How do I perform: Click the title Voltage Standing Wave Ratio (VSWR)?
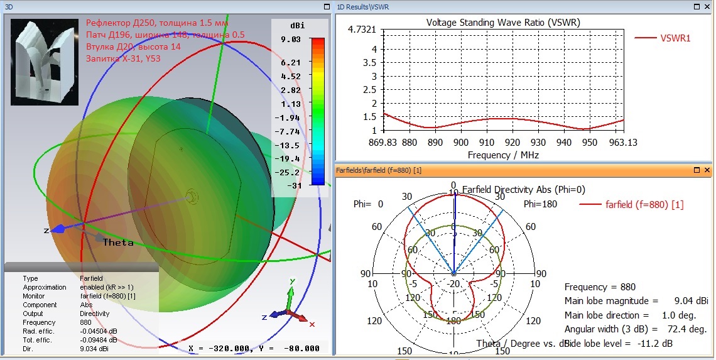click(503, 23)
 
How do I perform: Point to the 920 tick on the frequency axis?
click(514, 143)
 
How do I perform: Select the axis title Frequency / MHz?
click(503, 155)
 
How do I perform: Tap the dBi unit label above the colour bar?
click(296, 26)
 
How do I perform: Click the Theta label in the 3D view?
click(118, 243)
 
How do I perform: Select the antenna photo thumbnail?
click(44, 62)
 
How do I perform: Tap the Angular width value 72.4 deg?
click(689, 329)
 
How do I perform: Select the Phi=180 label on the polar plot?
click(539, 204)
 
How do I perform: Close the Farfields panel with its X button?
click(707, 170)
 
